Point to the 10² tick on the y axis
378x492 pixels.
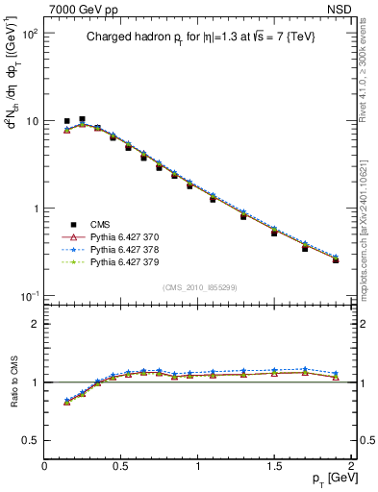tap(29, 34)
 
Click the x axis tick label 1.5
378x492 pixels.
tap(274, 466)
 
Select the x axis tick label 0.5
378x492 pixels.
tap(121, 466)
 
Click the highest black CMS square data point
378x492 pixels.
tap(82, 119)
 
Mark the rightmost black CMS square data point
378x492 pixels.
tap(336, 259)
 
